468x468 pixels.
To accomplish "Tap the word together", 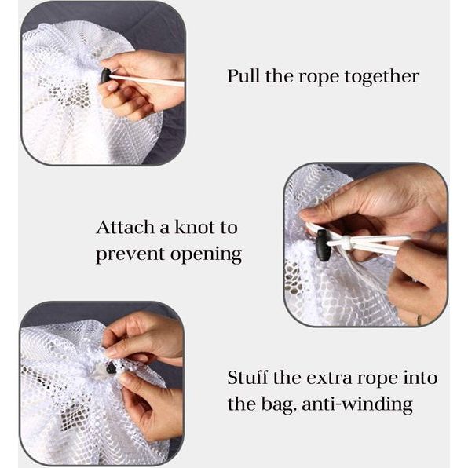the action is coord(382,77).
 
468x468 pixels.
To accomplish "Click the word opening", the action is coord(206,255).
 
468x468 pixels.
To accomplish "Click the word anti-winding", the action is coord(357,404).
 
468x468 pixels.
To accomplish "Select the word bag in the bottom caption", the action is coord(280,404).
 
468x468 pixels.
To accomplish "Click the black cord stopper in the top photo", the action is coord(104,76).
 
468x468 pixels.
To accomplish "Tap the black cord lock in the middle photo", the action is coord(323,245).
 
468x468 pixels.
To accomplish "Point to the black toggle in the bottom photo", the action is coord(111,368).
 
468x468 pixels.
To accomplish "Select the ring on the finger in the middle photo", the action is coord(419,320).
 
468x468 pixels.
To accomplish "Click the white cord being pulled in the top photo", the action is coord(147,80).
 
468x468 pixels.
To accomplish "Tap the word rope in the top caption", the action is coord(319,78).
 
